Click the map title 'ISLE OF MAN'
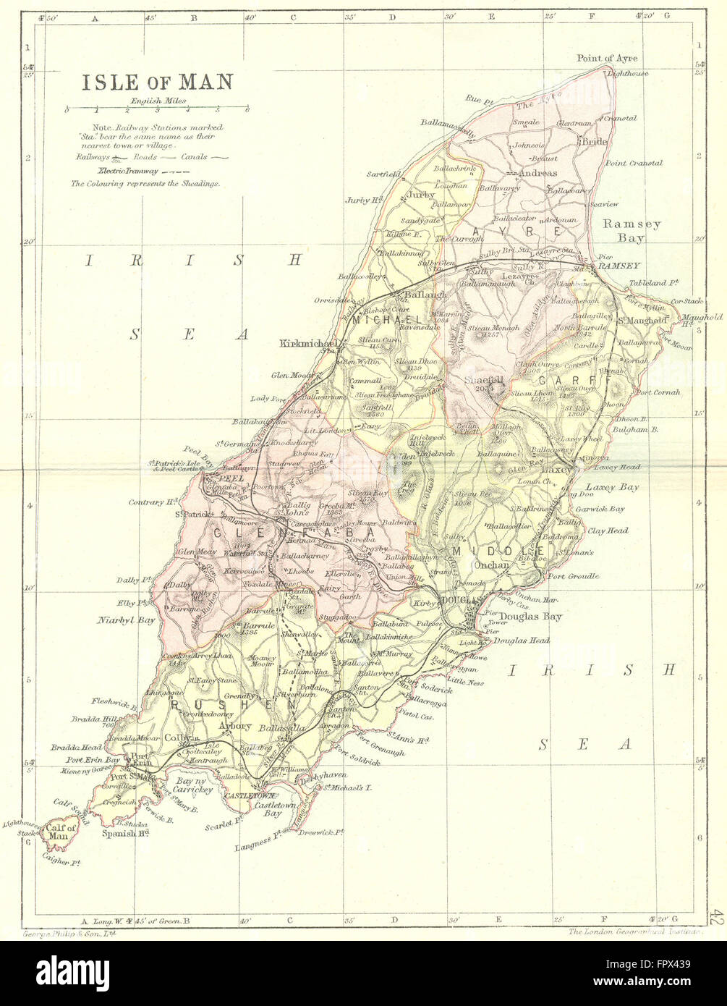pos(156,81)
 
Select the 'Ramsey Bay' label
pos(632,230)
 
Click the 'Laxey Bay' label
pos(612,488)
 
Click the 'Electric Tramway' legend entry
pos(127,171)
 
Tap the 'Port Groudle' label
pos(574,576)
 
